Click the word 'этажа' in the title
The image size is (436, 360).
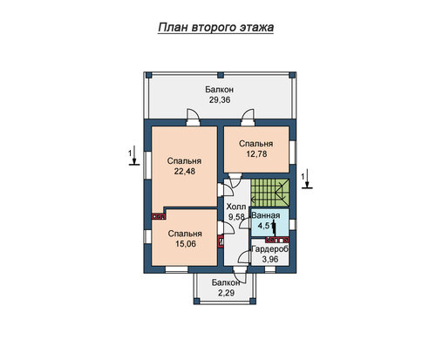tap(256, 27)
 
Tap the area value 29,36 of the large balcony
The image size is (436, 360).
tap(220, 100)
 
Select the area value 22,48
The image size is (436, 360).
tap(185, 172)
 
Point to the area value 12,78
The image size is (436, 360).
tap(256, 154)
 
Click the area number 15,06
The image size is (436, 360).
tap(186, 244)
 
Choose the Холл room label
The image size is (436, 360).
tap(236, 207)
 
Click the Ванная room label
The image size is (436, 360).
tap(266, 215)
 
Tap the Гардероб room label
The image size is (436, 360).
tap(270, 249)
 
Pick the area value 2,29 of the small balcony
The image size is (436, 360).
tap(227, 293)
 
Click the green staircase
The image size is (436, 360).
tap(270, 193)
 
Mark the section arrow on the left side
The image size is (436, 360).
tap(134, 155)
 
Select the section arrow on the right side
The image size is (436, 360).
tap(307, 179)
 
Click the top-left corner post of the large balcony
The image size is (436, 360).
tap(148, 75)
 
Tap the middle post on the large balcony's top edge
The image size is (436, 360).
tap(221, 75)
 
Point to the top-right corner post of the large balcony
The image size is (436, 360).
tap(292, 75)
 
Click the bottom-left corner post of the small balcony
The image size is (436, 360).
tap(197, 301)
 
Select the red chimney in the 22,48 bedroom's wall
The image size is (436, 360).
tap(159, 216)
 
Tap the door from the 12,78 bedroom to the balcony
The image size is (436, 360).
tap(248, 117)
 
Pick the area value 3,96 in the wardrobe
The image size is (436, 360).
tap(270, 259)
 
